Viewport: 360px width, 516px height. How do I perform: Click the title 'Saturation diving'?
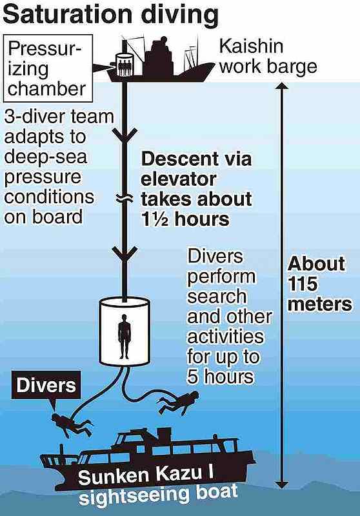point(110,15)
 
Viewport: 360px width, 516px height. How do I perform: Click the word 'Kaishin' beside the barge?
point(251,46)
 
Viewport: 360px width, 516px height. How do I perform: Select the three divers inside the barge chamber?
point(125,67)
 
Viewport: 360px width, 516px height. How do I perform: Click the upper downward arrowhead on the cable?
point(125,135)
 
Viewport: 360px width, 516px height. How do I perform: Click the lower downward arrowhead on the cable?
point(125,254)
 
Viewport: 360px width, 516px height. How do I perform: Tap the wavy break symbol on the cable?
point(125,198)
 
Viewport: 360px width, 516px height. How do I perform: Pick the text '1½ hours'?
point(185,219)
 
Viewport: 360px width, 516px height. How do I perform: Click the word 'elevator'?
point(179,179)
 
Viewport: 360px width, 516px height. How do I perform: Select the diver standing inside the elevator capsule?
point(125,336)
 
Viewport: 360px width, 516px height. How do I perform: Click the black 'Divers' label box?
point(46,385)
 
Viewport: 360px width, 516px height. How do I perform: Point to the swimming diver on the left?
point(72,424)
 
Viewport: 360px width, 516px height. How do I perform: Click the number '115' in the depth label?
point(303,284)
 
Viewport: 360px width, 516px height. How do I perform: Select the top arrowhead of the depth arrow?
point(282,86)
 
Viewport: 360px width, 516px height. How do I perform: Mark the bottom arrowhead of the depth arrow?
point(282,484)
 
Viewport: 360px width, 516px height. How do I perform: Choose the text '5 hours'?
point(221,377)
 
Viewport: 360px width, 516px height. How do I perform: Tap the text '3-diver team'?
point(59,117)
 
